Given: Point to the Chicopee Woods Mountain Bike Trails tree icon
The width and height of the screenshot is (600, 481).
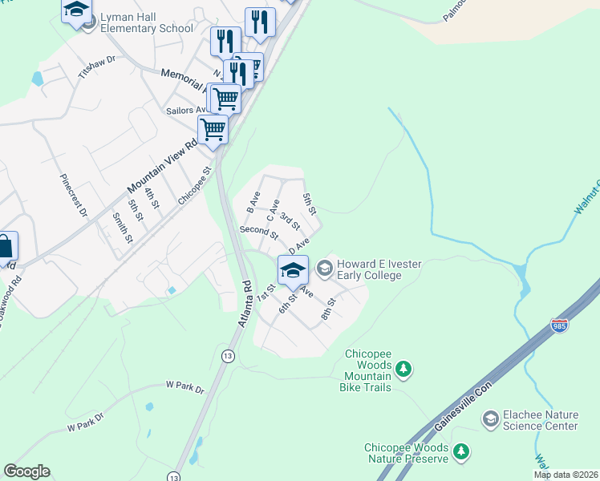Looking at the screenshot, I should click(405, 369).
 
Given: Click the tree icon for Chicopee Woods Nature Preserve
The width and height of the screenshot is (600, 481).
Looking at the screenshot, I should click(460, 451).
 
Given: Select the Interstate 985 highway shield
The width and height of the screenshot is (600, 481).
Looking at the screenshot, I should click(560, 325).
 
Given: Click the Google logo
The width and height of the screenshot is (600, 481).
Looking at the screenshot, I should click(26, 471).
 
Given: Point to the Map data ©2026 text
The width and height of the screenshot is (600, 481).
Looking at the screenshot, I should click(566, 475).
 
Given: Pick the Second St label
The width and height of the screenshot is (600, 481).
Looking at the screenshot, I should click(258, 233).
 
